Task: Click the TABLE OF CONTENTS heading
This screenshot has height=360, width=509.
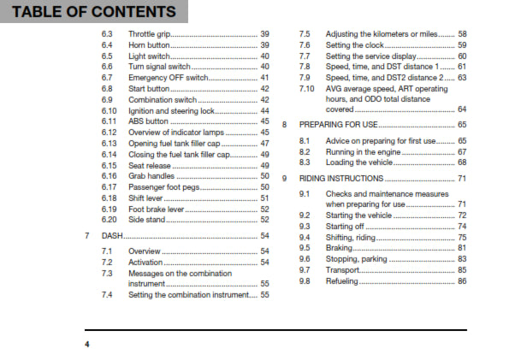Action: pyautogui.click(x=90, y=12)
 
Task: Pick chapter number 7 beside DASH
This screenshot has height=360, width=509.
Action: pyautogui.click(x=87, y=235)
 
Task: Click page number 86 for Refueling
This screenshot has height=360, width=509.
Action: pyautogui.click(x=461, y=280)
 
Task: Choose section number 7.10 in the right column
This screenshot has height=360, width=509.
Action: pyautogui.click(x=306, y=88)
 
